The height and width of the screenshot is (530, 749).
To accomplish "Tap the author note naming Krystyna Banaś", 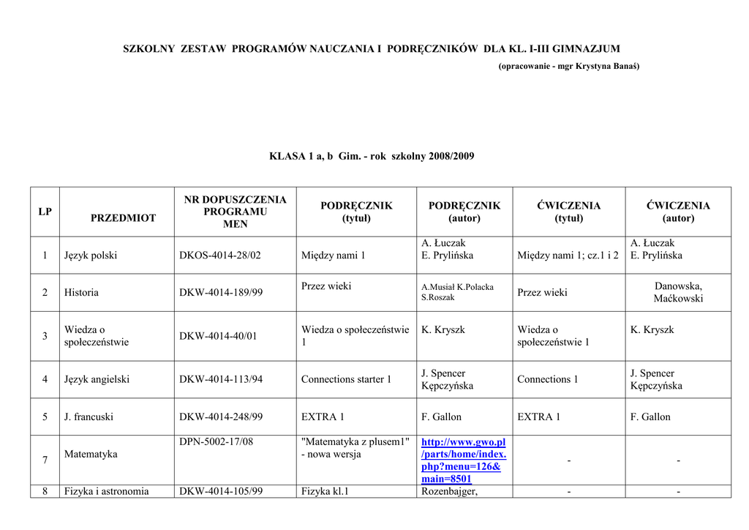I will click(568, 66).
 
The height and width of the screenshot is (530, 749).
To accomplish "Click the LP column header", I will click(45, 212).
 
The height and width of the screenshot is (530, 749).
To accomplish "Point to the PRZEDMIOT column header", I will click(123, 218).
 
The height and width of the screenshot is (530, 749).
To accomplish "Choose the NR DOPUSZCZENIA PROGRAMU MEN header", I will click(235, 212).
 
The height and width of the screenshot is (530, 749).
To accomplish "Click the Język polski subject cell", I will click(91, 255).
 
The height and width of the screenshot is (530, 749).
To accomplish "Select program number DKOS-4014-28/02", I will click(219, 255).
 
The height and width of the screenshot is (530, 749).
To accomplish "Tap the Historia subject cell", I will click(81, 292).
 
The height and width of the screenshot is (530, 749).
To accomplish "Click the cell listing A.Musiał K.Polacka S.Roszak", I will click(457, 292).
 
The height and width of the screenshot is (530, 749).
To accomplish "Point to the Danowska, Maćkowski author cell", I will click(678, 292).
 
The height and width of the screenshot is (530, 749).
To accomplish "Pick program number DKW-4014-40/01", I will click(218, 336).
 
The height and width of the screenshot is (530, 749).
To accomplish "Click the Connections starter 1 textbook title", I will click(346, 379).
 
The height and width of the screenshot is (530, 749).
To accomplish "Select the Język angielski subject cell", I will click(97, 379).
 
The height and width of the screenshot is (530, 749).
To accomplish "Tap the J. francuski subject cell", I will click(89, 417).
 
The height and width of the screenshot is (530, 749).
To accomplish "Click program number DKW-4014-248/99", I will click(221, 417).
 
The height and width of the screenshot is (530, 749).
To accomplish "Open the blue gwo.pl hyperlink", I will click(463, 460).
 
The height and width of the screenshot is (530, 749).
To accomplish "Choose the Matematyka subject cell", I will click(91, 454).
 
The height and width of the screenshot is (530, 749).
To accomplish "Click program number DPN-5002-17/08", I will click(216, 442).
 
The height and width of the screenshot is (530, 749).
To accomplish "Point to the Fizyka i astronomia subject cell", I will click(106, 491).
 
